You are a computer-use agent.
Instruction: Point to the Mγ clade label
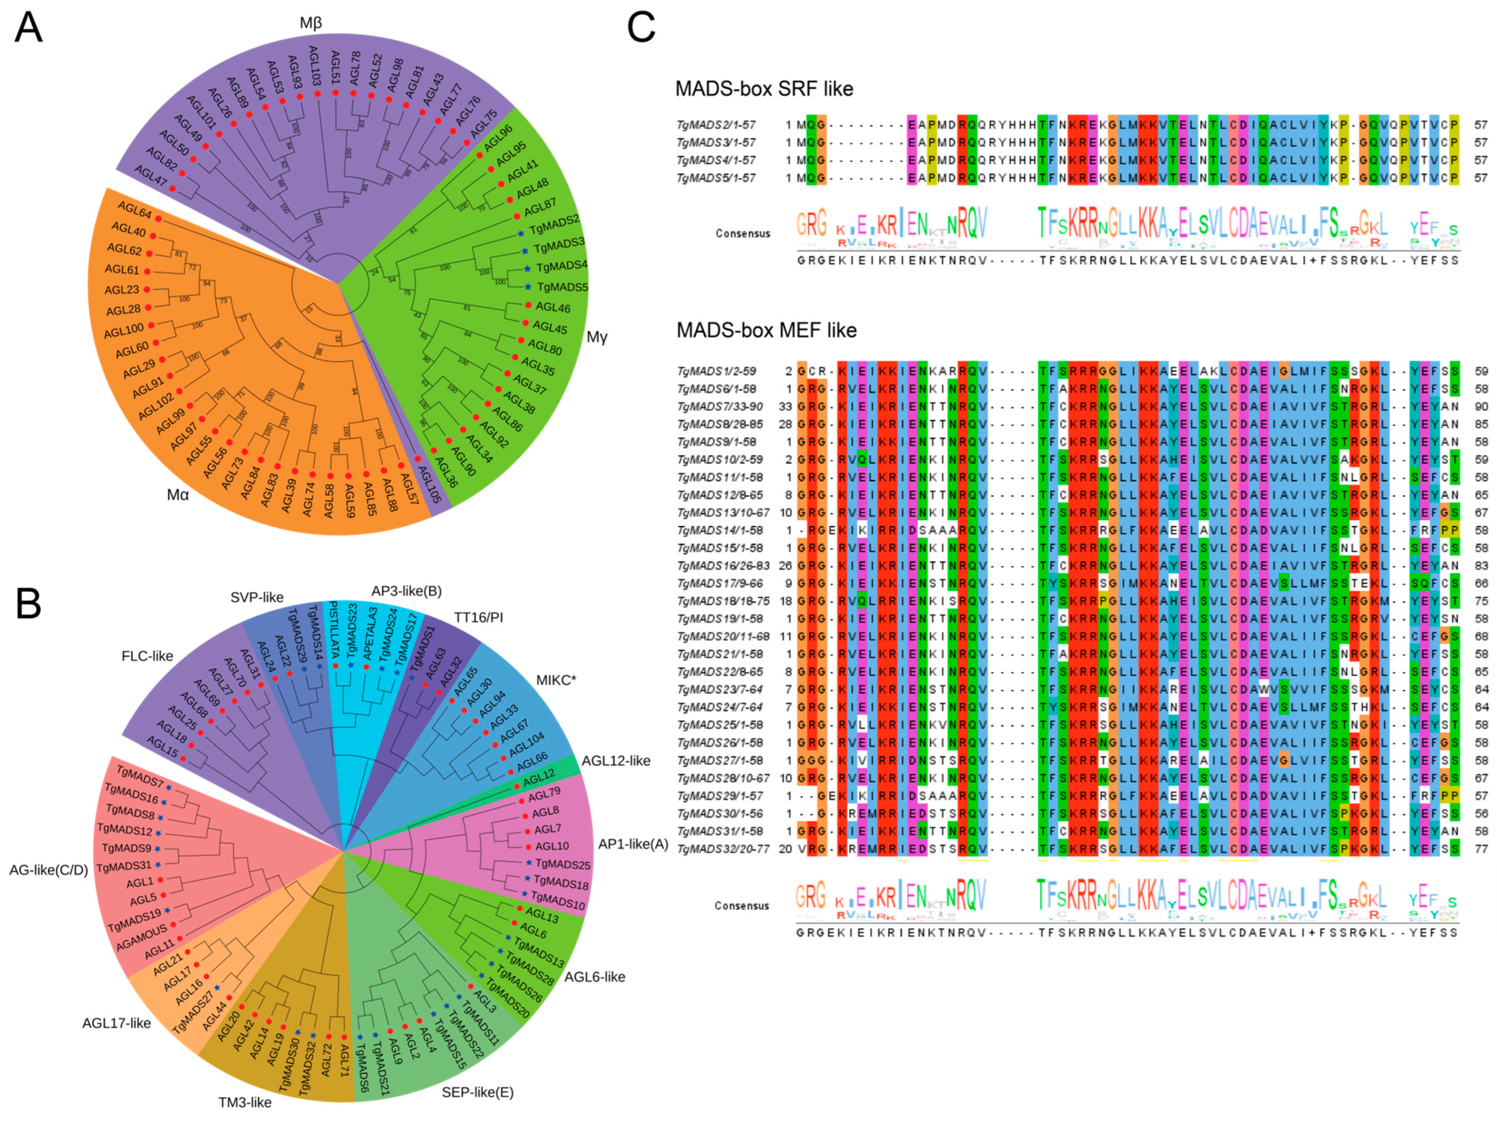point(596,337)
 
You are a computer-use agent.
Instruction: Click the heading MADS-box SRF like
point(764,89)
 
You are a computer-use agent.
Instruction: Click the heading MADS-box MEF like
point(766,330)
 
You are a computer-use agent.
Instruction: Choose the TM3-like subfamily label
point(244,1103)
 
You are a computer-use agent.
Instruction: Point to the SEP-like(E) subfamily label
point(477,1092)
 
